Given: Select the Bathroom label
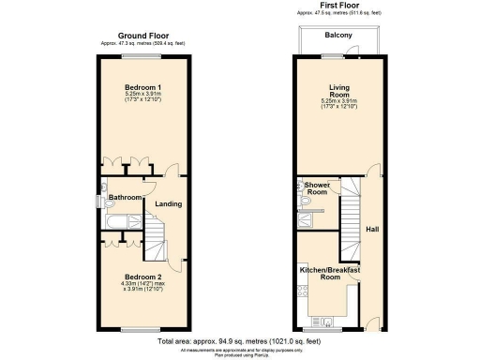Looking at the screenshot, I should pos(124,198).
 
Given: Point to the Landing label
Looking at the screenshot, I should pos(168,204).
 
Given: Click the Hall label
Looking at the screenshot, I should pos(372,228).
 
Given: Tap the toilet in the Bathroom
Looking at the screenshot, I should pos(105,198).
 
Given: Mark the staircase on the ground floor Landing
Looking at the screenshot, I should pos(156,234).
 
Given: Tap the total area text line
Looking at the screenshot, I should pos(240,341).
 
